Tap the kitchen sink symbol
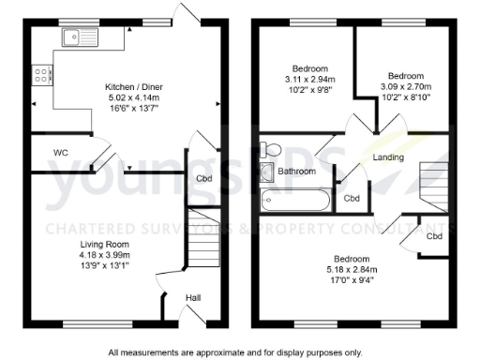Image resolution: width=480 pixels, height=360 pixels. (x=72, y=37)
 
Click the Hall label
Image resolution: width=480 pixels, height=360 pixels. (x=192, y=298)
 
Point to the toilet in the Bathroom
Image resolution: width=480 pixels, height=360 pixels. (x=272, y=149)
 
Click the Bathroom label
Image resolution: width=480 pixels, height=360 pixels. (x=296, y=172)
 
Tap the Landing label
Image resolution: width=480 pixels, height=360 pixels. (x=387, y=157)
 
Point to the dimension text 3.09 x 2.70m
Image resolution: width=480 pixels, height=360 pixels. (x=406, y=86)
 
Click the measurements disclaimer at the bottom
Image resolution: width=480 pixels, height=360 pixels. (x=234, y=352)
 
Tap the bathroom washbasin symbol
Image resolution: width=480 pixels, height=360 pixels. (x=266, y=171)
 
